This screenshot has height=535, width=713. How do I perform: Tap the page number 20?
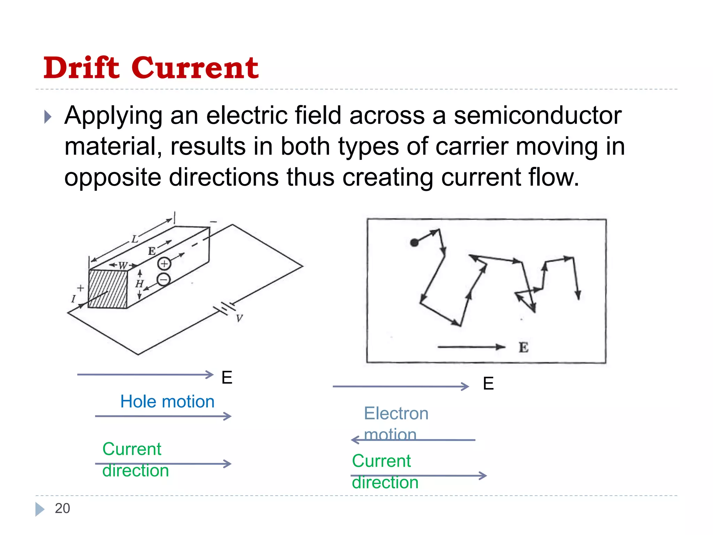point(62,508)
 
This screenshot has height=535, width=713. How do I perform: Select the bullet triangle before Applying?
point(48,117)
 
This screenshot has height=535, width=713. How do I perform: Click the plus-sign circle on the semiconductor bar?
point(164,264)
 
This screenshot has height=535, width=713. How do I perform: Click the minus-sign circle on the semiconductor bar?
point(164,279)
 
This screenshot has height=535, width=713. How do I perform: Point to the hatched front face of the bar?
point(108,289)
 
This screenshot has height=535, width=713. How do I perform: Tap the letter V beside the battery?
point(239,318)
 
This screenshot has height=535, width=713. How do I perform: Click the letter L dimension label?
point(135,239)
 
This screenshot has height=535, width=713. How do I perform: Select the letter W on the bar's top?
point(123,266)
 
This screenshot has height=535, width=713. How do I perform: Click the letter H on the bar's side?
point(139,284)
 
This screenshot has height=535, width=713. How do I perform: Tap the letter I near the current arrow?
point(73,299)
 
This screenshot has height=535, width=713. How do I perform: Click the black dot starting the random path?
point(414,243)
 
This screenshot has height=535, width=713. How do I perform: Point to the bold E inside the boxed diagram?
point(523,347)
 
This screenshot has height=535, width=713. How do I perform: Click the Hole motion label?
point(167,402)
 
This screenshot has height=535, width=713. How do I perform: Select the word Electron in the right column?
point(396,413)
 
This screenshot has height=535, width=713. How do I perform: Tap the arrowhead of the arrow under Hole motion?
point(228,416)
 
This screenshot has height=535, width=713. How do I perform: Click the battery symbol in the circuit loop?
point(225,308)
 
